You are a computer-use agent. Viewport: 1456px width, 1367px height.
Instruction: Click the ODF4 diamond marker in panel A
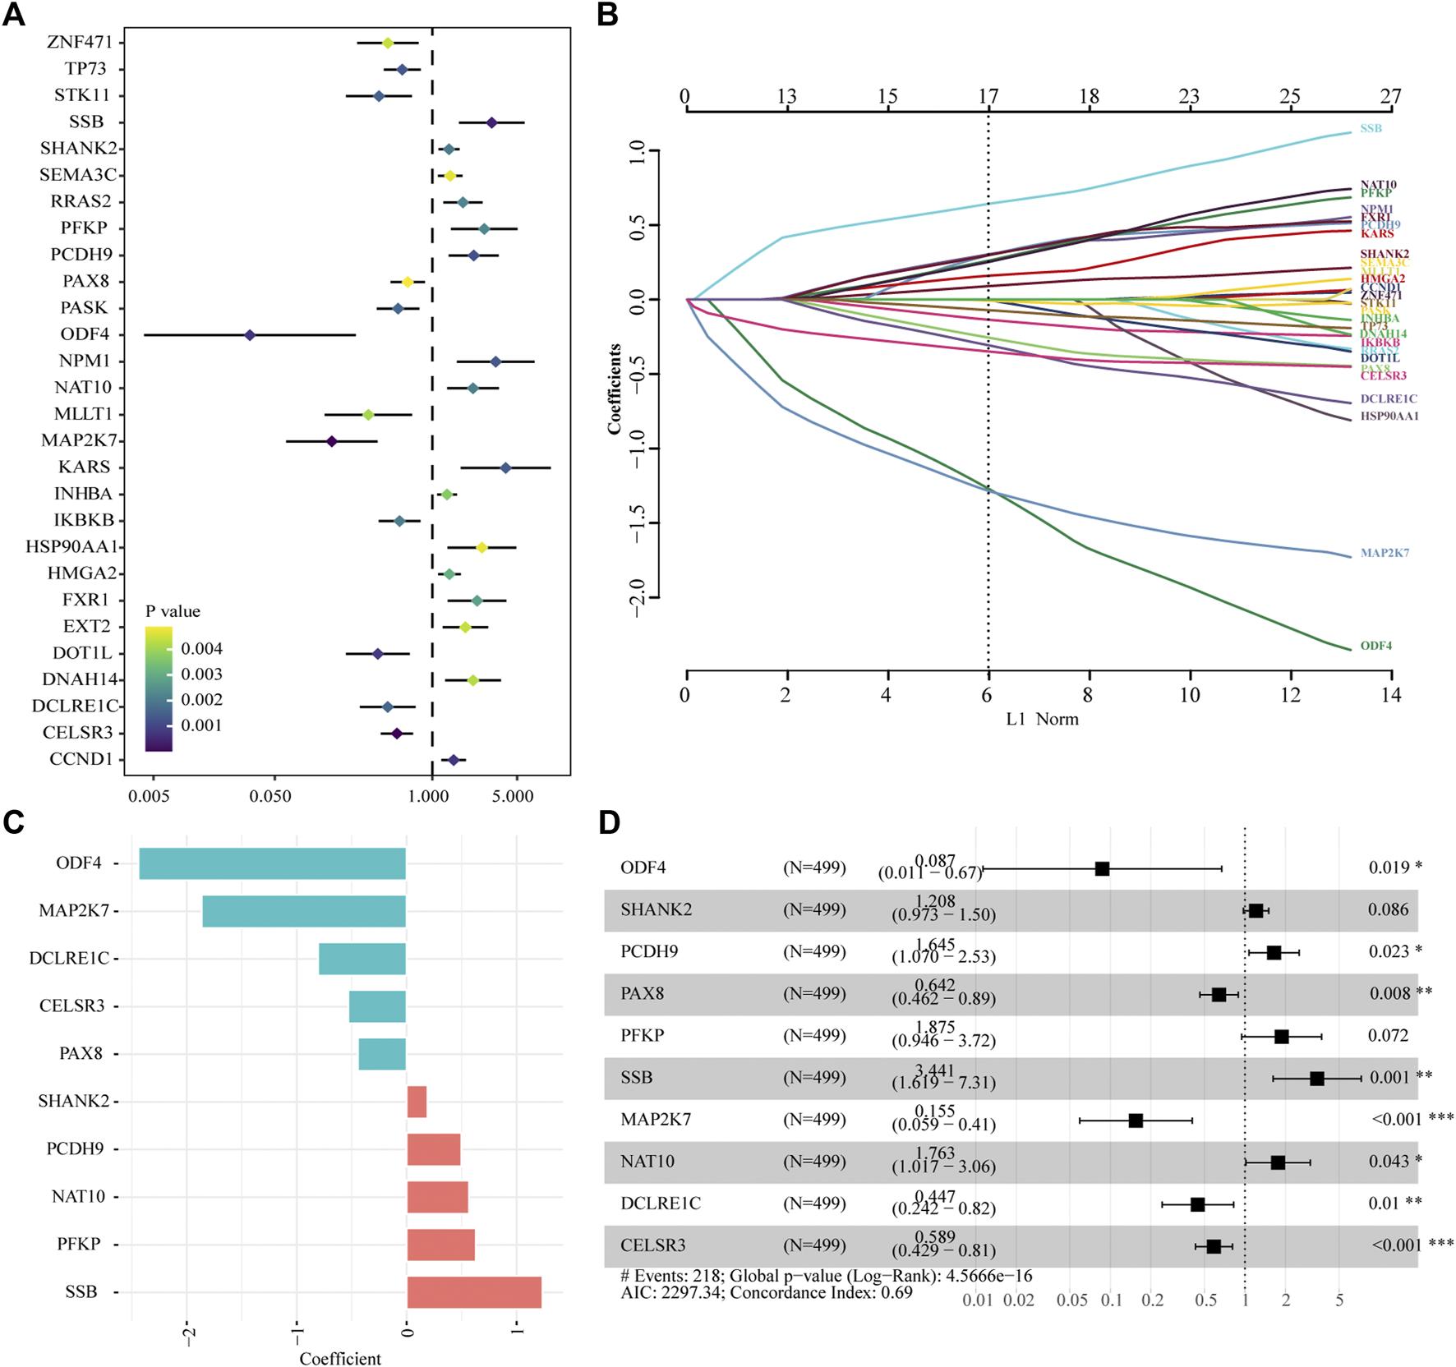pos(250,335)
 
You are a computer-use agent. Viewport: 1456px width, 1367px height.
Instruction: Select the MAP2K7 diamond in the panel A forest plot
pos(331,441)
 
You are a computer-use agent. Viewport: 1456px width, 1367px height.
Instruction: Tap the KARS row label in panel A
pos(84,467)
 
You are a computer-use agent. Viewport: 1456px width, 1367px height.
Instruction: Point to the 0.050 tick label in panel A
pos(270,796)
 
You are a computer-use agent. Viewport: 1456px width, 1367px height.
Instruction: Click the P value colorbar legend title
pos(173,611)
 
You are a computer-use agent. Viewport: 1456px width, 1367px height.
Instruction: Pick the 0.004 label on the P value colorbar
pos(201,649)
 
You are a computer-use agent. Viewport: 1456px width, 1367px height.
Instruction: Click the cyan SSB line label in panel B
pos(1371,128)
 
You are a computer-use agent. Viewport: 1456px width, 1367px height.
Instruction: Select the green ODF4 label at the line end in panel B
pos(1375,646)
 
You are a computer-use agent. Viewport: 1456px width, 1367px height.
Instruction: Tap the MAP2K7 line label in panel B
pos(1385,553)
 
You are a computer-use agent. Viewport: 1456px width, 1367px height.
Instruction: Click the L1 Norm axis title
pos(1042,719)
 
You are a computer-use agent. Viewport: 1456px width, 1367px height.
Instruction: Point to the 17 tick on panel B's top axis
pos(988,97)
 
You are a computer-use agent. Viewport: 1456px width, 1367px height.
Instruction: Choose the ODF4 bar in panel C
pos(272,863)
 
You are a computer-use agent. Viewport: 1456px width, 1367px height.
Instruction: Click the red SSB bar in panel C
pos(474,1292)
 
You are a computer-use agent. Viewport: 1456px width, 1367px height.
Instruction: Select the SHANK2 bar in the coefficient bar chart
pos(417,1102)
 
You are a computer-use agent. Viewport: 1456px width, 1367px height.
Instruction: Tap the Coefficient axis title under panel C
pos(340,1359)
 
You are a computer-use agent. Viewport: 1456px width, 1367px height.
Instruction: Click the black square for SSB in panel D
pos(1317,1079)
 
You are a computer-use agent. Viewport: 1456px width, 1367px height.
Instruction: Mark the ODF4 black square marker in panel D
pos(1103,868)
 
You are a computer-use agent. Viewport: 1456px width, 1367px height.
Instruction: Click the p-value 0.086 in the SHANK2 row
pos(1388,909)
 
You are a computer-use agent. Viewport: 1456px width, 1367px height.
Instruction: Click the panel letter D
pos(610,822)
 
